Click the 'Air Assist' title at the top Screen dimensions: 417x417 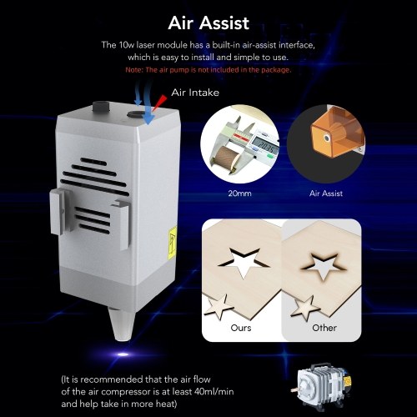pyautogui.click(x=208, y=23)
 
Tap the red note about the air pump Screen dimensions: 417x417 pyautogui.click(x=208, y=70)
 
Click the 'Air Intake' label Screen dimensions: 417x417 pyautogui.click(x=195, y=93)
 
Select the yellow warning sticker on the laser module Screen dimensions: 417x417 pyautogui.click(x=173, y=243)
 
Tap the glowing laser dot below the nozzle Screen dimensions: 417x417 pyautogui.click(x=123, y=354)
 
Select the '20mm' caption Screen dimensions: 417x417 pyautogui.click(x=239, y=193)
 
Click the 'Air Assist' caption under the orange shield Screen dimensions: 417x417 pyautogui.click(x=326, y=193)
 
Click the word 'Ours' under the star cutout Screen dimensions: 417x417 pyautogui.click(x=241, y=328)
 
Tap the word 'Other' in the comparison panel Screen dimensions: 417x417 pyautogui.click(x=324, y=328)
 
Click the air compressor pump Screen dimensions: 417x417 pyautogui.click(x=321, y=386)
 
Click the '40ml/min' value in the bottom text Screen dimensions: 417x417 pyautogui.click(x=214, y=391)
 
